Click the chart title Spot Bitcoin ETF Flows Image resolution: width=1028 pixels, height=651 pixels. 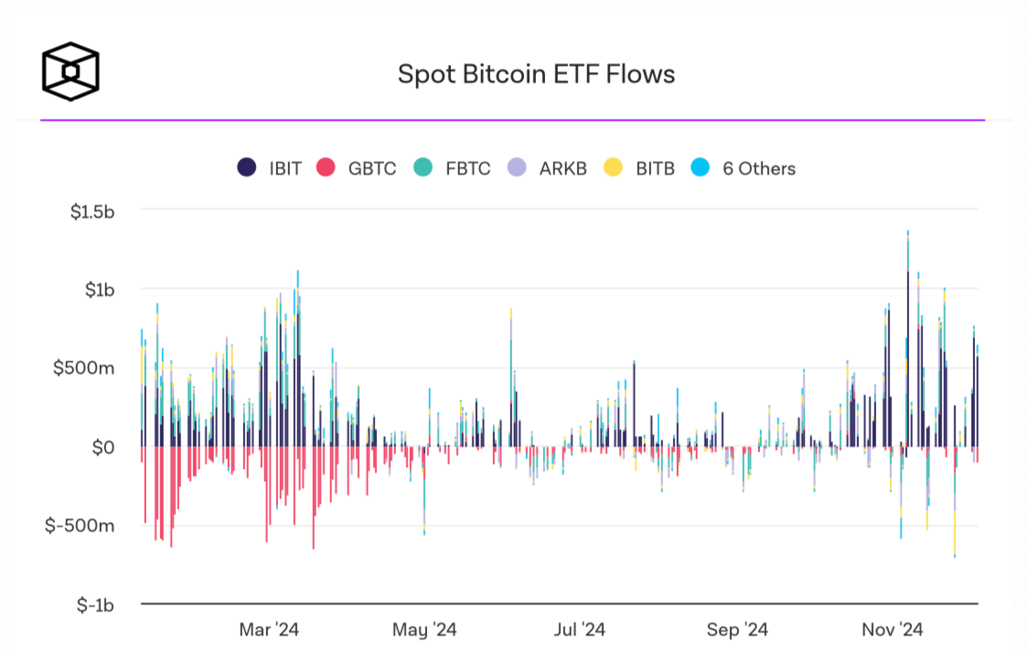(536, 74)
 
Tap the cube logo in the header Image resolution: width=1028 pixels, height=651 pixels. (70, 70)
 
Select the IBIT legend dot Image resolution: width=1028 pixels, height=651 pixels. (246, 168)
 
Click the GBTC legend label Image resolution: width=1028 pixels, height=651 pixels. (372, 168)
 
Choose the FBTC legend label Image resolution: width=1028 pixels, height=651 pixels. (468, 168)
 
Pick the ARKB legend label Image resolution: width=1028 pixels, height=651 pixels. (563, 168)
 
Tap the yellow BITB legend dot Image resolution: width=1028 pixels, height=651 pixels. (613, 168)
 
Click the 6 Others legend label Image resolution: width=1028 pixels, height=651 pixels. (759, 168)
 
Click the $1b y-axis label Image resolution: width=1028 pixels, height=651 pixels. (97, 290)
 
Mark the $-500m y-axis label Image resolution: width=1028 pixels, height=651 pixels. (83, 526)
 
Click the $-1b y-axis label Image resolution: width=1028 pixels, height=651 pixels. (94, 604)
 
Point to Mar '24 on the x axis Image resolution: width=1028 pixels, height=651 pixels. (269, 630)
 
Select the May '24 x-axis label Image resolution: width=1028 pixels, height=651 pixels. (424, 630)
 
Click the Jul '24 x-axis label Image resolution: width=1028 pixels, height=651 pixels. (580, 630)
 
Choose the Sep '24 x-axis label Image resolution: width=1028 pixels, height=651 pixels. (737, 630)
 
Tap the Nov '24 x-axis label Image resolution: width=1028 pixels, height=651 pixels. (893, 630)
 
